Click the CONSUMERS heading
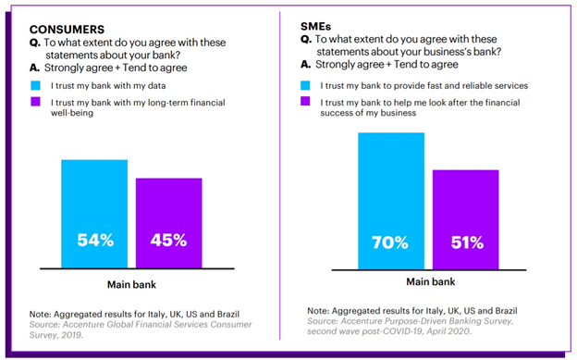click(x=67, y=30)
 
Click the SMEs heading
click(x=315, y=27)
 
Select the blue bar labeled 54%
click(x=94, y=214)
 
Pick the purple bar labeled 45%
click(x=169, y=223)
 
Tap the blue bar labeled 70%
click(x=391, y=201)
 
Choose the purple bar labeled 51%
click(x=465, y=219)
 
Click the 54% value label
click(x=95, y=241)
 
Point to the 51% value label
click(x=467, y=242)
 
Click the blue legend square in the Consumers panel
click(x=36, y=85)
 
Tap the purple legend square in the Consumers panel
click(x=36, y=101)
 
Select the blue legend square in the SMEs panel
click(x=305, y=85)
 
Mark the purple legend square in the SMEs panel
click(x=305, y=101)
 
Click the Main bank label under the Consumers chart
click(x=131, y=284)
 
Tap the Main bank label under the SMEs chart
click(x=431, y=282)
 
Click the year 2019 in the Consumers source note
click(x=72, y=335)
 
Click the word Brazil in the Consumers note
click(x=228, y=315)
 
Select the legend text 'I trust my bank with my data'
click(x=108, y=86)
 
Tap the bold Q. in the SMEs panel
click(x=306, y=39)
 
